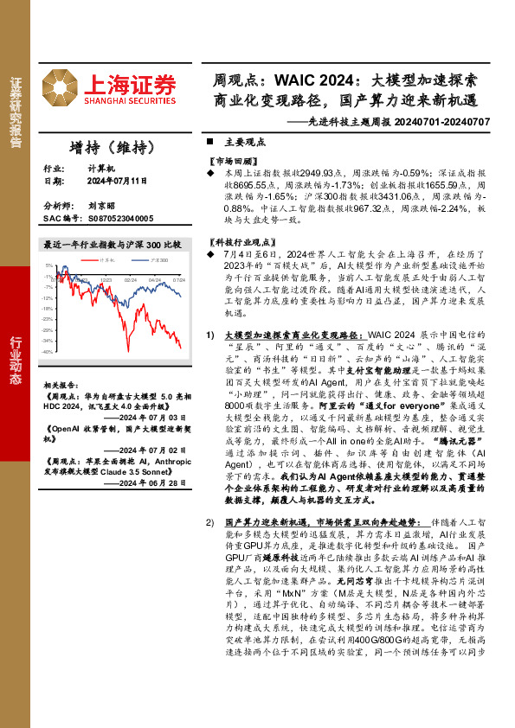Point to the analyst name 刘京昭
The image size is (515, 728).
point(100,208)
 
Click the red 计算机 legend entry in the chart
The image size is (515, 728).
point(107,259)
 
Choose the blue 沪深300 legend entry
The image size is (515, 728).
point(158,259)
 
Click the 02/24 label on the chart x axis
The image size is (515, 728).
point(130,280)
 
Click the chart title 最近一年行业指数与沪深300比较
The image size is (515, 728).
point(112,245)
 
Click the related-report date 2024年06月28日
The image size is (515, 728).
point(145,483)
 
